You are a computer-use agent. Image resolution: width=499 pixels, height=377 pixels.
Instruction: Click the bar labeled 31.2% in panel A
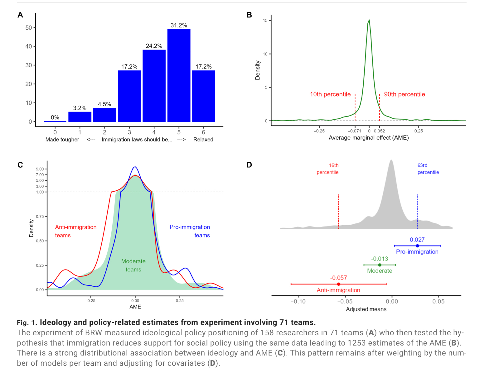coord(179,75)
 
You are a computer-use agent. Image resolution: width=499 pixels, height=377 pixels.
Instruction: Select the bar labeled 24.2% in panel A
coord(154,86)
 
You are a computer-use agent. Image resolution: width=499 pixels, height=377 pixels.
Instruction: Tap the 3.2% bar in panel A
coord(80,117)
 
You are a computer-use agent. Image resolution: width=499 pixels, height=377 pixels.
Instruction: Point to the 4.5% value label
coord(104,104)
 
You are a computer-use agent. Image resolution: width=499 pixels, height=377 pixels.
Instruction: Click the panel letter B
coord(249,15)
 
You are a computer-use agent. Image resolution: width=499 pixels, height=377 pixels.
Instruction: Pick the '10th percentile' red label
coord(330,94)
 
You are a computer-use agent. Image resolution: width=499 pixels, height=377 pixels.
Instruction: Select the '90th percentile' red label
coord(405,94)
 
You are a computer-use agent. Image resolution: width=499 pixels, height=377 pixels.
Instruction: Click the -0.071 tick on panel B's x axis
coord(355,131)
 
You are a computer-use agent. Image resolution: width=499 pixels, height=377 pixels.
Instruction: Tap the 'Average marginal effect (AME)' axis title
coord(369,138)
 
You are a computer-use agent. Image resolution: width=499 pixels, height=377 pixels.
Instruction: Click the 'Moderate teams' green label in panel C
coord(133,265)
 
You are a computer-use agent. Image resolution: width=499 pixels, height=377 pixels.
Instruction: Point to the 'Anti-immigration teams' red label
coord(76,231)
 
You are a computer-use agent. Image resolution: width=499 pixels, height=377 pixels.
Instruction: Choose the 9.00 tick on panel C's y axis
coord(40,169)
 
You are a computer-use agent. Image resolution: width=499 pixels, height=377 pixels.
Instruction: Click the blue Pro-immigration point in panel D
coord(417,246)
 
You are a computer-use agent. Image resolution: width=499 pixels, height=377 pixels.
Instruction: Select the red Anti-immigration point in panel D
coord(339,284)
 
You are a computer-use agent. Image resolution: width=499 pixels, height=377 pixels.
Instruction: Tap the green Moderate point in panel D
coord(380,265)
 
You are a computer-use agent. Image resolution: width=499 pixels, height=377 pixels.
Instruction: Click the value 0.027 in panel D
coord(417,240)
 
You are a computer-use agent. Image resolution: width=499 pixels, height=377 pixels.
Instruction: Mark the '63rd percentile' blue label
coord(428,169)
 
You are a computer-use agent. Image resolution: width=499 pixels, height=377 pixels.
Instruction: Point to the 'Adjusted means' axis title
coord(366,309)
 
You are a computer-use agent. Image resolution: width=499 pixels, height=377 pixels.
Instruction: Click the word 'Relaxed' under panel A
coord(203,140)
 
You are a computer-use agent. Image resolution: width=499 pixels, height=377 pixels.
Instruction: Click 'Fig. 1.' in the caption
coord(27,323)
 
